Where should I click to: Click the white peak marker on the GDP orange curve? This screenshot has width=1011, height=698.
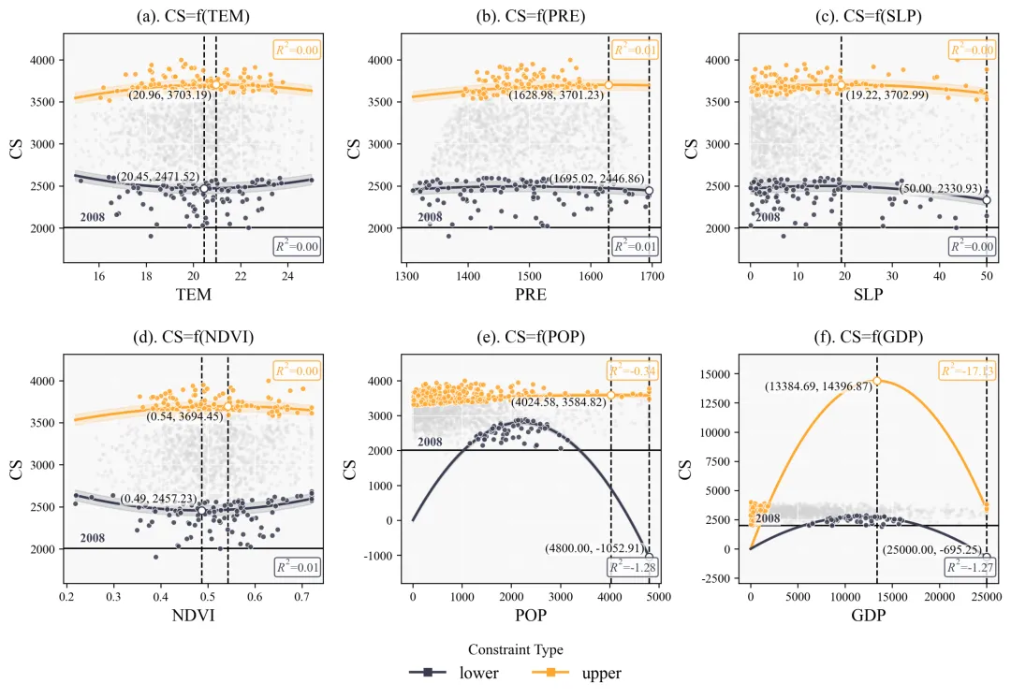(877, 381)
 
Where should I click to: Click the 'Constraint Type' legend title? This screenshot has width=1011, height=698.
(515, 648)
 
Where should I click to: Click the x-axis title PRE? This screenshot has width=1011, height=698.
(531, 295)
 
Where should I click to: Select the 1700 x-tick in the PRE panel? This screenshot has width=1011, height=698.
(652, 276)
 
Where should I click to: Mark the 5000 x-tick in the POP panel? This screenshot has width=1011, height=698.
(657, 596)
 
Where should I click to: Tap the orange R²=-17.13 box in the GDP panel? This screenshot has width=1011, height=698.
(968, 371)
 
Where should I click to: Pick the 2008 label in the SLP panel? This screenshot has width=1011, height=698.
(768, 217)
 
